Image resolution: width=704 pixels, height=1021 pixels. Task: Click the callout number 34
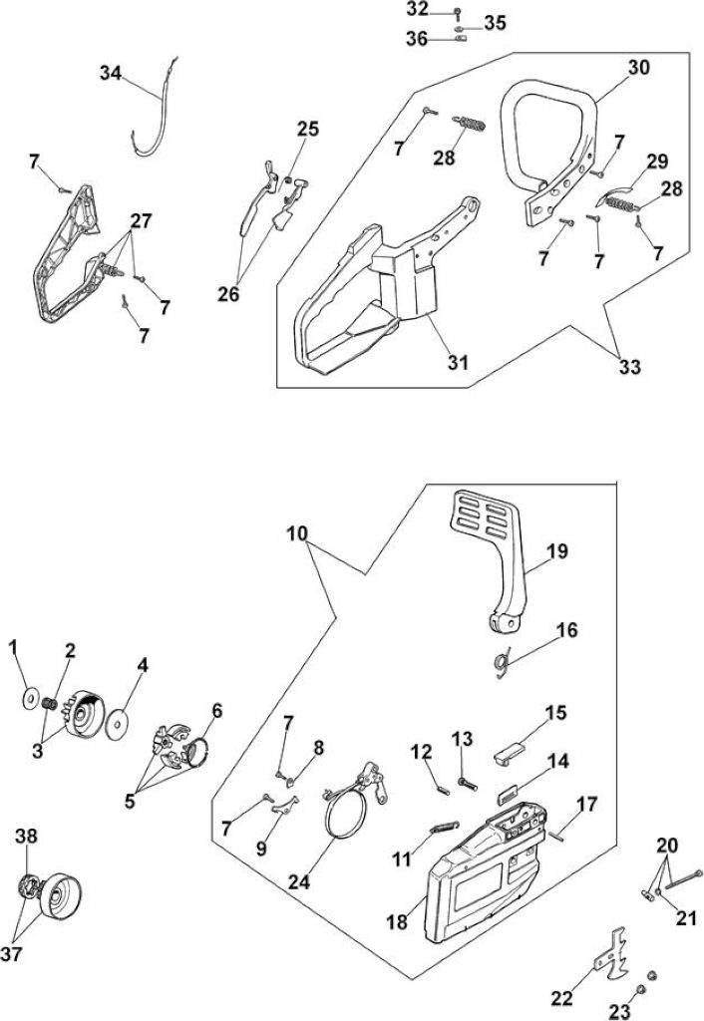(x=111, y=74)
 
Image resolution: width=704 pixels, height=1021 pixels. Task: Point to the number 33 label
(x=630, y=367)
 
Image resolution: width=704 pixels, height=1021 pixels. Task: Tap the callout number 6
(x=216, y=711)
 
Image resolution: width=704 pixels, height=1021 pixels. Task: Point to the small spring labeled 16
(x=501, y=664)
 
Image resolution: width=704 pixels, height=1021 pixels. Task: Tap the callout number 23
(x=620, y=1011)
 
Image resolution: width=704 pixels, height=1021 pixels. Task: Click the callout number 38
(x=27, y=837)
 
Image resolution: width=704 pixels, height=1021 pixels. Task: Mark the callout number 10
(x=296, y=534)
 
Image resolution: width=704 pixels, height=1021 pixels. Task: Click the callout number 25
(x=308, y=129)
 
